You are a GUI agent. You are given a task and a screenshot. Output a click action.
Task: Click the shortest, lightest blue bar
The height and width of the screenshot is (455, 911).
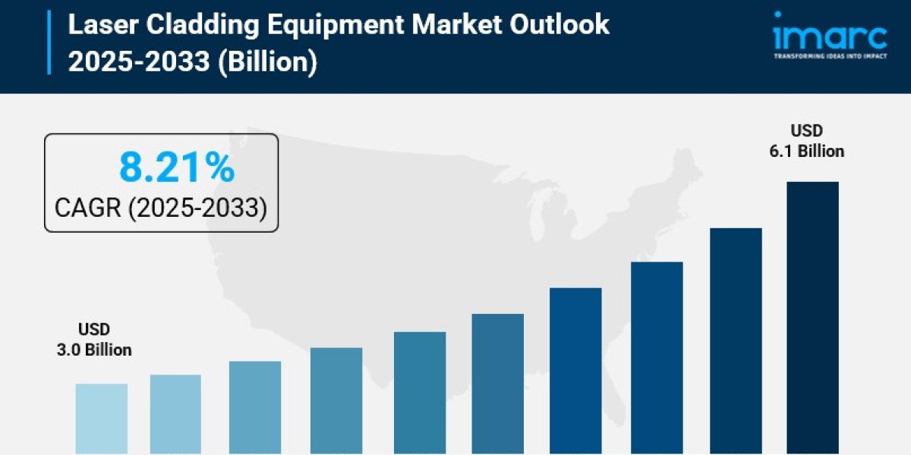[102, 419]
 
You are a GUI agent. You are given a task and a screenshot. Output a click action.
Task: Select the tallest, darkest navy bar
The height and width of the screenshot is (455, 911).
[812, 318]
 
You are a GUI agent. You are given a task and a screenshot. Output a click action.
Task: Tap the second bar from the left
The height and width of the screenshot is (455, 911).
[175, 414]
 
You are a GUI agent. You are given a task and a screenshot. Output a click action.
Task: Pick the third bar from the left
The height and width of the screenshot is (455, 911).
[255, 407]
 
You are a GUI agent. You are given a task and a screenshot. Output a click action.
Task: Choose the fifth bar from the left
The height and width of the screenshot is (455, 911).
[420, 393]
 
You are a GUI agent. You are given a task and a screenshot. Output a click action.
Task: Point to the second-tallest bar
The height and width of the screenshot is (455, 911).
[736, 341]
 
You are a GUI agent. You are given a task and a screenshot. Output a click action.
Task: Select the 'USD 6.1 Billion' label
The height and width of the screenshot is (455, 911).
[806, 141]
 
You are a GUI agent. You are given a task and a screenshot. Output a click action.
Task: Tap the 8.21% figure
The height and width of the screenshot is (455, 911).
[176, 168]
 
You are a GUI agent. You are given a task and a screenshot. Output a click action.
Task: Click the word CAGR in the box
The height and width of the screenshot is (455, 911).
[88, 207]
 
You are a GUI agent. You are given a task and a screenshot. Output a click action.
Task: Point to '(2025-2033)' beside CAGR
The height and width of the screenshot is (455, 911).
[197, 207]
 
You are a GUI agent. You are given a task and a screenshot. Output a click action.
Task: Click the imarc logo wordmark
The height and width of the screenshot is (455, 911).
[830, 36]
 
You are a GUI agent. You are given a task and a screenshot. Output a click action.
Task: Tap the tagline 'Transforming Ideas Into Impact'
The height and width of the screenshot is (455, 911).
[830, 56]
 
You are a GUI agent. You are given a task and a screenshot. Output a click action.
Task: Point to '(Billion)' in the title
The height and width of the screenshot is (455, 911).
[266, 61]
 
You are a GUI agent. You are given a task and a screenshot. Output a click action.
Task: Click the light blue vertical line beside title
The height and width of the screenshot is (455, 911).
[50, 42]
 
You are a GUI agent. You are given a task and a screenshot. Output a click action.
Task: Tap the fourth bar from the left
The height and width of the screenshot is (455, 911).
[336, 400]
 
